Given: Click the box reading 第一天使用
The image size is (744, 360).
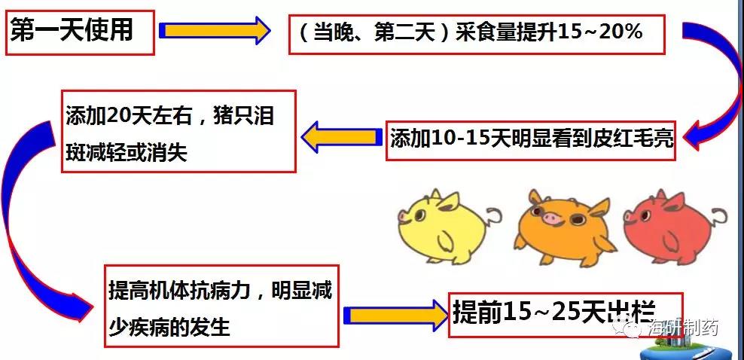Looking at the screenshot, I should (80, 31).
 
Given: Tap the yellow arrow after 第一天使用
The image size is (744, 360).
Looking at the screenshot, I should (215, 31).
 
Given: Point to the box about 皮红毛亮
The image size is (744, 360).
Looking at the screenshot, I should (531, 139).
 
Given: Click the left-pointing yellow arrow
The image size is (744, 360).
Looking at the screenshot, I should (340, 136).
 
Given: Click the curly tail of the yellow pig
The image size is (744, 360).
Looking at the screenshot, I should (494, 215).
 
